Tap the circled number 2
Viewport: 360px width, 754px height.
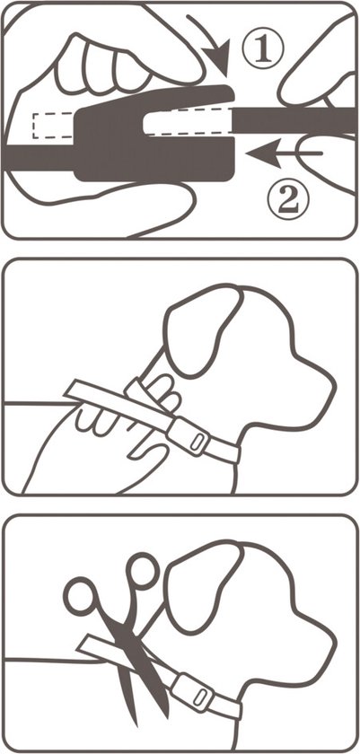pyautogui.click(x=288, y=199)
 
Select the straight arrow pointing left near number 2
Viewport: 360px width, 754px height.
pyautogui.click(x=284, y=153)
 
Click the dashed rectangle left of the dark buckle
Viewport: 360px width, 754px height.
pyautogui.click(x=53, y=126)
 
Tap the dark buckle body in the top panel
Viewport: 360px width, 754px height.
pyautogui.click(x=154, y=145)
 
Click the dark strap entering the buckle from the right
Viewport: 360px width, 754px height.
pyautogui.click(x=294, y=121)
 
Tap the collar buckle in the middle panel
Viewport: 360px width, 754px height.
pyautogui.click(x=189, y=436)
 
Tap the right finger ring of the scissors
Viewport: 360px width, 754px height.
pyautogui.click(x=143, y=571)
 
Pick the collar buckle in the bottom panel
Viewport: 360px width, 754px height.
pyautogui.click(x=193, y=692)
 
